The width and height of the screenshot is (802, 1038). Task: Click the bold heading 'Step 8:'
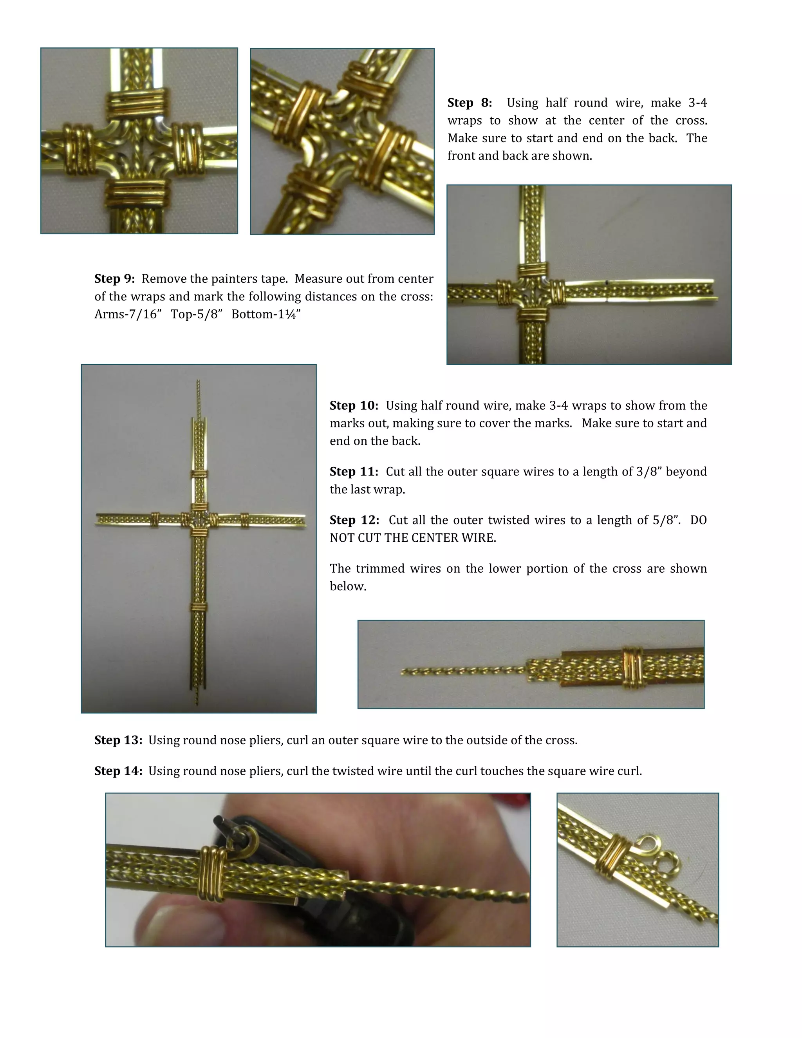[470, 103]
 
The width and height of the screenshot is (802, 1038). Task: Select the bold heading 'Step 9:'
[114, 279]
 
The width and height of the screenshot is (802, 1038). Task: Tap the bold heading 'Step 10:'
[354, 406]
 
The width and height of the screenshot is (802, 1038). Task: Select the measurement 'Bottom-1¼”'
[266, 315]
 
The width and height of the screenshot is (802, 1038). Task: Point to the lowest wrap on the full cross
[199, 607]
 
